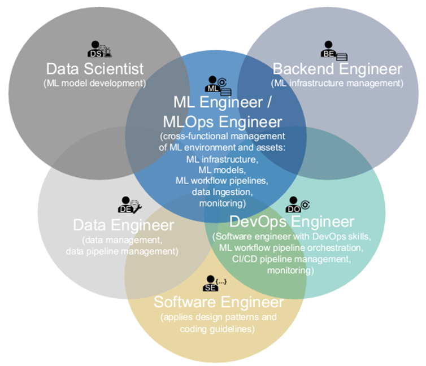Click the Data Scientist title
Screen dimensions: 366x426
[95, 69]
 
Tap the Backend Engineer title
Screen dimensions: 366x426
[338, 69]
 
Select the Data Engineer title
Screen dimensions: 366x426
[123, 225]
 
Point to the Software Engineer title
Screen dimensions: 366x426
[219, 301]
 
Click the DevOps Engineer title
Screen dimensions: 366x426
[292, 220]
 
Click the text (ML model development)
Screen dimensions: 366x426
[94, 83]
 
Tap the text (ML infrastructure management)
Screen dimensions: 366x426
[337, 83]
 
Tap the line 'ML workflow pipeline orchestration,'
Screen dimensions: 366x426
[292, 247]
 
